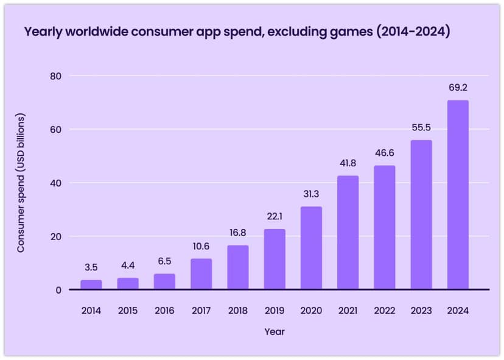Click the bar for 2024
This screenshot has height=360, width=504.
pos(458,195)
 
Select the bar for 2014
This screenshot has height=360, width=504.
pos(91,284)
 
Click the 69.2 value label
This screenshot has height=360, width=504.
pos(458,88)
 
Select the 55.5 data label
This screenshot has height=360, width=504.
pos(421,128)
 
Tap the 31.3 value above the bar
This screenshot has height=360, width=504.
pos(311,194)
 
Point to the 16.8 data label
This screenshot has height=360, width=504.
pos(238,233)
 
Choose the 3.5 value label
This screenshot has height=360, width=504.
pos(91,267)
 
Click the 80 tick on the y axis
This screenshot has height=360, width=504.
pos(58,76)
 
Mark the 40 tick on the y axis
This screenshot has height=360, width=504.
pos(58,183)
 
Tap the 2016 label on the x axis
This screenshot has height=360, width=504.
pos(164,311)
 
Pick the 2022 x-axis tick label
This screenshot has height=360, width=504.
pos(385,311)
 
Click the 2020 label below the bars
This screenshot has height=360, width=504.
pos(311,311)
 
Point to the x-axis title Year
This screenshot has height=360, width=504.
pos(275,332)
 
